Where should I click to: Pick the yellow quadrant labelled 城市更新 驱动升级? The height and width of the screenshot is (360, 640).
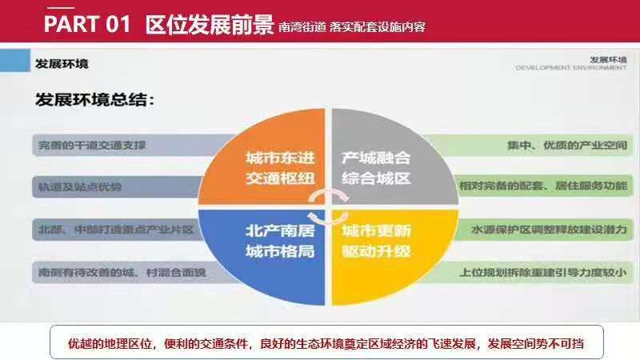[376, 240]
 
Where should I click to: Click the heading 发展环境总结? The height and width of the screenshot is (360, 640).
[94, 101]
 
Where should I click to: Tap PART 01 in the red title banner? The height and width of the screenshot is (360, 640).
[86, 25]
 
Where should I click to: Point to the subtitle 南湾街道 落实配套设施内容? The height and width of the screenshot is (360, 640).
[352, 27]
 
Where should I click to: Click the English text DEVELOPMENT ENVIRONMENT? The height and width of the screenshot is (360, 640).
[571, 68]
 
